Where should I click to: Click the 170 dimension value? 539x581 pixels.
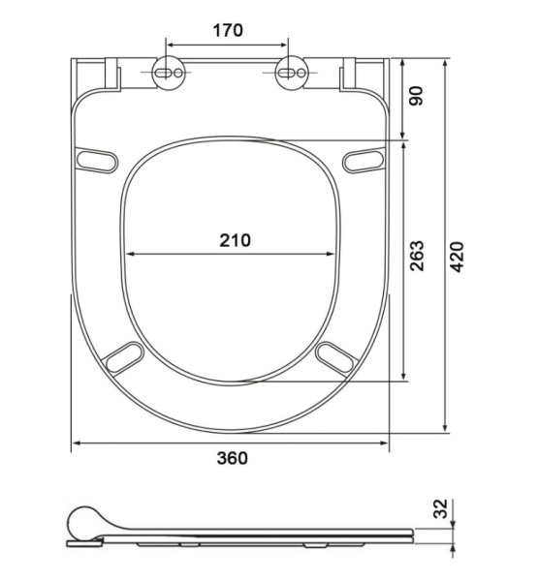pos(228,30)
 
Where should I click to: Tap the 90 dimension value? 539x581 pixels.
pos(416,96)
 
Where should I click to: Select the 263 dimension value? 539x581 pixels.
pos(417,256)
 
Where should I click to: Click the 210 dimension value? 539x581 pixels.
pos(236,240)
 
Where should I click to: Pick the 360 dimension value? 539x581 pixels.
pos(233,458)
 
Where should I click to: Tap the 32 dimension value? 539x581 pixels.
pos(441,508)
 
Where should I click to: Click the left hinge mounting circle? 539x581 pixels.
pos(168,73)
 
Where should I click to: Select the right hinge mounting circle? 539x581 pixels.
pos(292,73)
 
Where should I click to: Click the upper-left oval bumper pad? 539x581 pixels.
pos(97,160)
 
